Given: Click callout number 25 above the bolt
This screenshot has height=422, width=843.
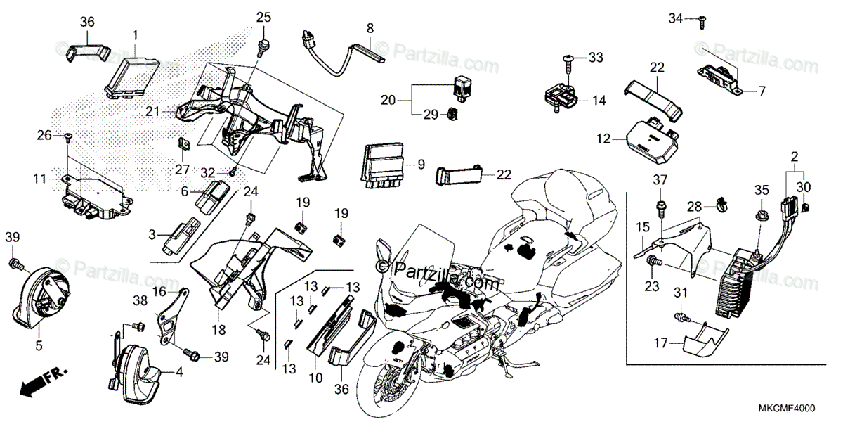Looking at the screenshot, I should click(x=263, y=16).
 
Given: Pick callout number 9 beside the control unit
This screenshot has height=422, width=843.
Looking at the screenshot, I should click(x=421, y=165).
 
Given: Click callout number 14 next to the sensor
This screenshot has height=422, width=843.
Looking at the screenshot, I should click(x=599, y=101).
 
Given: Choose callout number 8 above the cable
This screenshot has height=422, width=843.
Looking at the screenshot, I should click(x=370, y=29).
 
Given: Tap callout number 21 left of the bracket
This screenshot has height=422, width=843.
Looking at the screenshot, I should click(x=153, y=111).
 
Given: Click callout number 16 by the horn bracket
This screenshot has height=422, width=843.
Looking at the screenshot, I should click(x=159, y=290).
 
